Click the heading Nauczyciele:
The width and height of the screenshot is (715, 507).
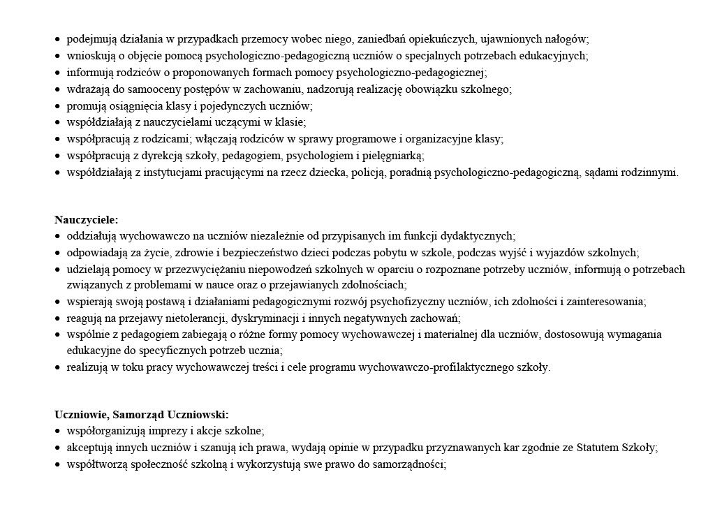[x=87, y=220]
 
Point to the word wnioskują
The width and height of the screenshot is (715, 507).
[x=89, y=56]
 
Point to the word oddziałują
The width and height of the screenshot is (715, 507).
[x=91, y=237]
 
